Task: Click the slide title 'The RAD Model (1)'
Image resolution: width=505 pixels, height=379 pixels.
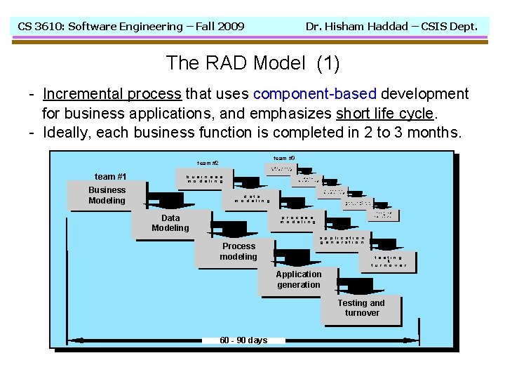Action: point(252,63)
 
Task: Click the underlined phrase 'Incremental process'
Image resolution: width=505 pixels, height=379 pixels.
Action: point(112,94)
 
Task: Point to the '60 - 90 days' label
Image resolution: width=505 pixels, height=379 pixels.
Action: point(243,340)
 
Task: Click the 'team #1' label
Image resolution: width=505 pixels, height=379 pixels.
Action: point(110,176)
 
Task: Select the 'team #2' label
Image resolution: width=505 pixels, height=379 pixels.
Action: point(208,163)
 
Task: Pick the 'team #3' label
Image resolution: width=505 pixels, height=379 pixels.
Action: point(284,158)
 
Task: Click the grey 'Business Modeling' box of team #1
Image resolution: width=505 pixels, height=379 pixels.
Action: point(107,195)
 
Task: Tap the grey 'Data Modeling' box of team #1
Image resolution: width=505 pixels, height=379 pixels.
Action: point(170,223)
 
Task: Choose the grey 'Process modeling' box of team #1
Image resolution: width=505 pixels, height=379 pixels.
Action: point(238,251)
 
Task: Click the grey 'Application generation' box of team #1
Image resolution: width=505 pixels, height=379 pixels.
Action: point(299,279)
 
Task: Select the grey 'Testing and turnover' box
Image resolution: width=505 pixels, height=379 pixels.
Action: point(362,308)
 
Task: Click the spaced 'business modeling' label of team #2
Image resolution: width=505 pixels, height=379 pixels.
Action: point(205,179)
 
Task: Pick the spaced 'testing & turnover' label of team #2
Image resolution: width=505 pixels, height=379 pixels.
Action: point(389,261)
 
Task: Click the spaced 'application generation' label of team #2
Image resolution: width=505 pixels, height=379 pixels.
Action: point(342,240)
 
